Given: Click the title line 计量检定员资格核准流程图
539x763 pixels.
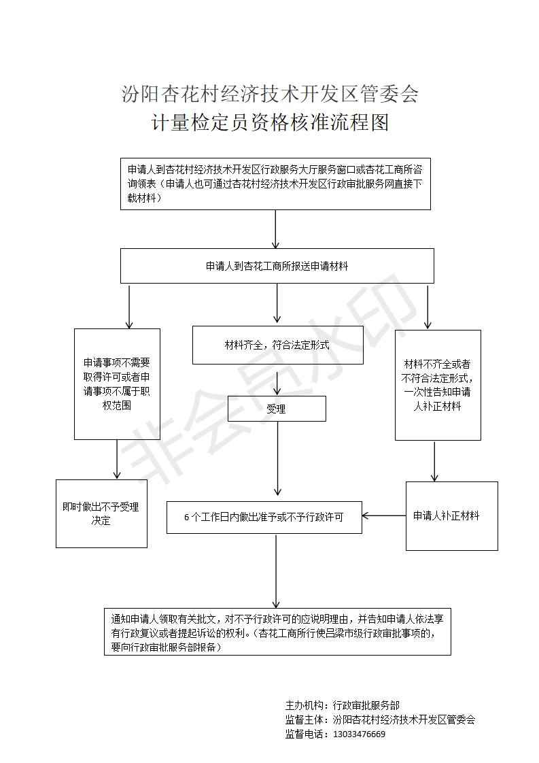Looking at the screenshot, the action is [x=270, y=122].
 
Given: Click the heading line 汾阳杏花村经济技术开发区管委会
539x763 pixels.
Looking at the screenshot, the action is [x=270, y=94].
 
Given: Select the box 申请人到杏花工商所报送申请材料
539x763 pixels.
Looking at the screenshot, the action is [x=277, y=266].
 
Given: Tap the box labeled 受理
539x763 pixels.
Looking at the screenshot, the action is [x=277, y=408].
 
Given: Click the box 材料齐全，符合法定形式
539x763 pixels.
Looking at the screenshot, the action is [x=278, y=345].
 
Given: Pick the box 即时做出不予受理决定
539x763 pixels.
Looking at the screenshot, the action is [x=101, y=513].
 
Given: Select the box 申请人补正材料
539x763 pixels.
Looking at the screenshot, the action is [x=452, y=515].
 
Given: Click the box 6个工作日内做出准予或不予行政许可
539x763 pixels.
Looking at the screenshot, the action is [x=264, y=518].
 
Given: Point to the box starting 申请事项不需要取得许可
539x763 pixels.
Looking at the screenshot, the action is [x=117, y=384].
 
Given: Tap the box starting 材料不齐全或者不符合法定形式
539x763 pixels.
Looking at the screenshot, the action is [x=438, y=385].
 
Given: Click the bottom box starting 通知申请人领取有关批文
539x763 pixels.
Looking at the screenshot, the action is [x=277, y=631].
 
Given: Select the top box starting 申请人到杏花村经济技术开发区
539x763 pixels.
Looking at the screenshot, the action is [x=275, y=184].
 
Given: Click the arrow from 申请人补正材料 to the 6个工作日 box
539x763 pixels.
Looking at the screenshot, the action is [x=384, y=515].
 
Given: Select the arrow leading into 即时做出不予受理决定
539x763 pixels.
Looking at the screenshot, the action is [x=117, y=459].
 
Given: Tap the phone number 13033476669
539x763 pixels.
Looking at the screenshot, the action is [x=359, y=734].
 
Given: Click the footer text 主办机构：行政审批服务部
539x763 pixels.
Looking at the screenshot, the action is [x=343, y=705].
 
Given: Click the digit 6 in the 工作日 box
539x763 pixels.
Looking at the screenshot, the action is [x=187, y=518].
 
